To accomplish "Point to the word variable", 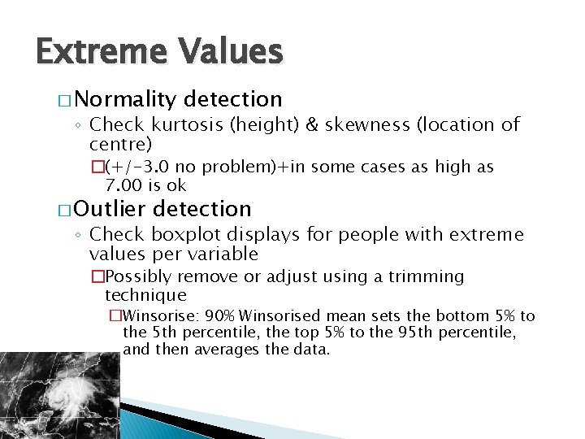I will pos(221,254).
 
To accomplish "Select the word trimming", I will pos(430,277).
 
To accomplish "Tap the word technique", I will pos(145,295).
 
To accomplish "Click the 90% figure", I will pos(221,315).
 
